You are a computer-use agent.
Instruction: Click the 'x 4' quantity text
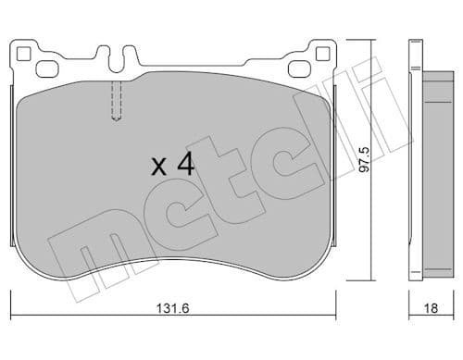(x=172, y=166)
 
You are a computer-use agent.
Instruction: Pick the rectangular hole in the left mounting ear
(x=45, y=68)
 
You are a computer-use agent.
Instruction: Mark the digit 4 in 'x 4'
(x=185, y=166)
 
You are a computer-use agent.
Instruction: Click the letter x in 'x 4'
(x=158, y=168)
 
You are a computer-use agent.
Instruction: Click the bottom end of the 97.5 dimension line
(x=373, y=279)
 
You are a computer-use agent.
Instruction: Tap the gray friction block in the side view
(x=432, y=167)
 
